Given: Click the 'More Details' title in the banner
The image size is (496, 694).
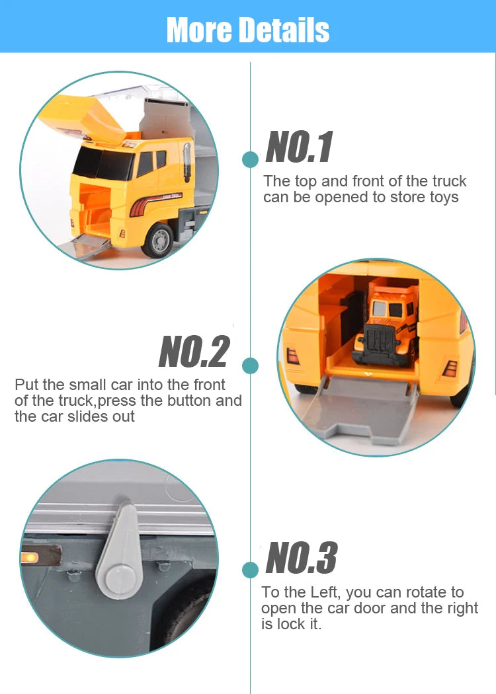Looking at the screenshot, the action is pyautogui.click(x=248, y=30).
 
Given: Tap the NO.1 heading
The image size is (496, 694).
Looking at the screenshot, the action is pyautogui.click(x=299, y=147).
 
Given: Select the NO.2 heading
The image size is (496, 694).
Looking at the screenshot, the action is pyautogui.click(x=194, y=352).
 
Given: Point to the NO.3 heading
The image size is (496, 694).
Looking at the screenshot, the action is pyautogui.click(x=302, y=558).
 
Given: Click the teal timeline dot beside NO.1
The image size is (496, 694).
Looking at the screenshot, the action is pyautogui.click(x=250, y=159).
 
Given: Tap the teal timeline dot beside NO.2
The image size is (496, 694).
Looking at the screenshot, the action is pyautogui.click(x=250, y=366).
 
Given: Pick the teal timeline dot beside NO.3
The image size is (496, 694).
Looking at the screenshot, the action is pyautogui.click(x=250, y=570).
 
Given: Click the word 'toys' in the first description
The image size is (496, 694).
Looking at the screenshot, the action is pyautogui.click(x=444, y=198).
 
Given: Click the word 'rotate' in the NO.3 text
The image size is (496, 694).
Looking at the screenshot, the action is pyautogui.click(x=427, y=592).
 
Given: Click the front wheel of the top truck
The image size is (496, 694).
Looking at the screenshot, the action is pyautogui.click(x=158, y=241).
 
